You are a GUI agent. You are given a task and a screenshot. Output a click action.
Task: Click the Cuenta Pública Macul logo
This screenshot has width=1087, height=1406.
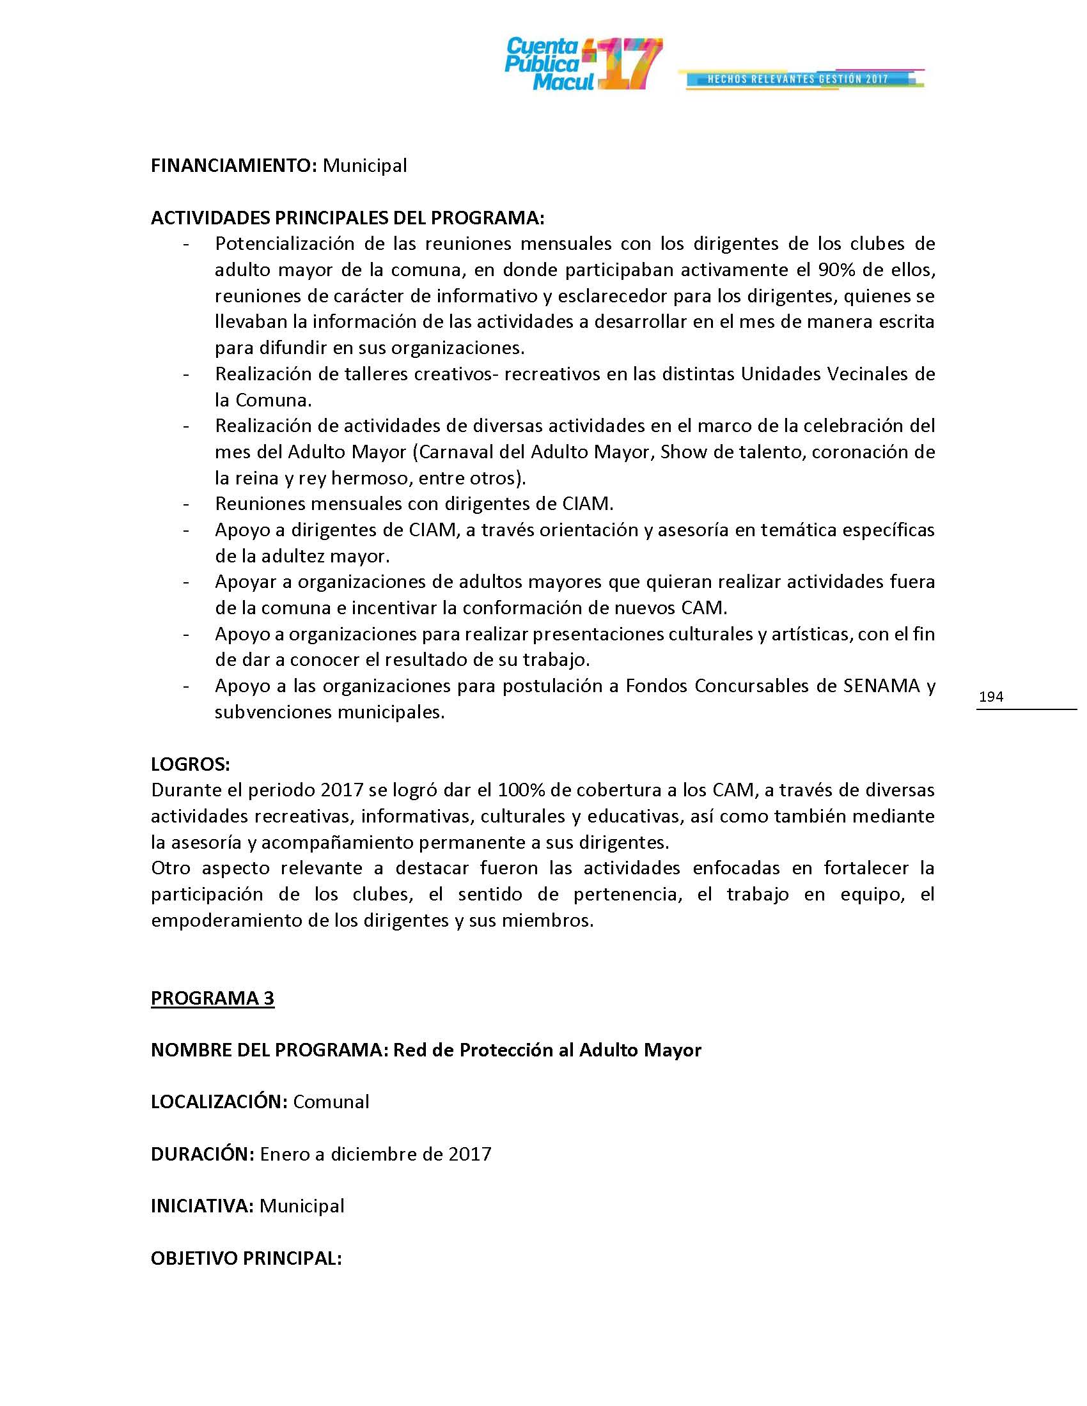[583, 64]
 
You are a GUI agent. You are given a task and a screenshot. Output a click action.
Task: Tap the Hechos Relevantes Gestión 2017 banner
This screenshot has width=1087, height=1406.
[801, 79]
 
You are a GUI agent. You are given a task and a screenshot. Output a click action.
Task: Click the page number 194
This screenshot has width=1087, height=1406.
[990, 696]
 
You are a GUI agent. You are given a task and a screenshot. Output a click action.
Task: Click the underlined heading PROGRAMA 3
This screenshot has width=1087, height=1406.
[212, 998]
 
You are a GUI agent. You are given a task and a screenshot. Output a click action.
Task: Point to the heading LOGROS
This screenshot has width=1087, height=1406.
[190, 764]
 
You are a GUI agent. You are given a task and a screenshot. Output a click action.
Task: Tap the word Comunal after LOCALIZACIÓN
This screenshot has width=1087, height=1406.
[331, 1102]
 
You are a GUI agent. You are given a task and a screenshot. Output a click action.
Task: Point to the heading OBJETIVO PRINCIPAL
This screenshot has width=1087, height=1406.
[246, 1258]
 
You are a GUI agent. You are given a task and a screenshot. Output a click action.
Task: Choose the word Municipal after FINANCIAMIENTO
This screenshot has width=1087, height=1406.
[364, 166]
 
